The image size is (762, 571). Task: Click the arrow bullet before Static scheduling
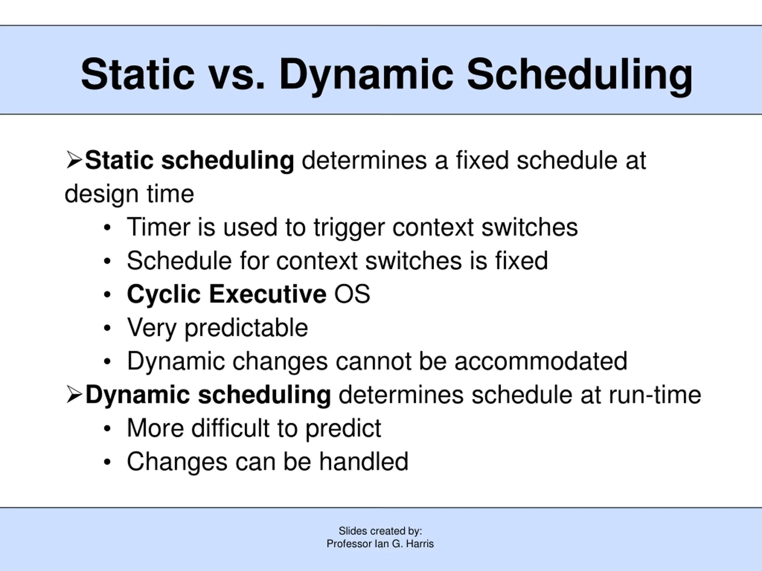click(74, 160)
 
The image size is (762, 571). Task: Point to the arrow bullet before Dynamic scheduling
click(74, 394)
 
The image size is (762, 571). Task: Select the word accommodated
click(541, 361)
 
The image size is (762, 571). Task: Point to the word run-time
click(655, 395)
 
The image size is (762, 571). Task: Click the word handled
click(364, 461)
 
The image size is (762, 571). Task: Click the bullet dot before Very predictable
click(107, 328)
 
